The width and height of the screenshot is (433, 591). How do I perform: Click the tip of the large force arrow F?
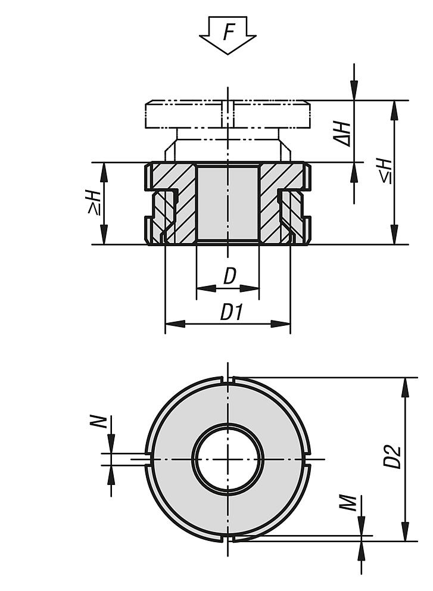228,54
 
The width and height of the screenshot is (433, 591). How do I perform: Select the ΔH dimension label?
342,134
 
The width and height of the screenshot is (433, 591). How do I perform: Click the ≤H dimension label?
386,172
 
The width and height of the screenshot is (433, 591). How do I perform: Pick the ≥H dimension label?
94,203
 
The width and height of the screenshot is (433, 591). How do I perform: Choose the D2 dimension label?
392,457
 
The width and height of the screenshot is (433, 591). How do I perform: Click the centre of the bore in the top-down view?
228,459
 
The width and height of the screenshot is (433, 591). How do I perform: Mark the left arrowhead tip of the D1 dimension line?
166,324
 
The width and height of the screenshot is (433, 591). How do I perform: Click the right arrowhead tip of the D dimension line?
259,288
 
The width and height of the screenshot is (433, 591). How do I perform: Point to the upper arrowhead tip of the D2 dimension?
405,377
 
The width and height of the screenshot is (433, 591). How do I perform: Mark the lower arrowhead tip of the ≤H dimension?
394,244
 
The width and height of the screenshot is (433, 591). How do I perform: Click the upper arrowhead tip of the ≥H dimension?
104,163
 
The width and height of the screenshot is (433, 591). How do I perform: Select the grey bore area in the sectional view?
228,204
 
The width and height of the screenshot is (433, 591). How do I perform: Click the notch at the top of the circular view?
228,380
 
